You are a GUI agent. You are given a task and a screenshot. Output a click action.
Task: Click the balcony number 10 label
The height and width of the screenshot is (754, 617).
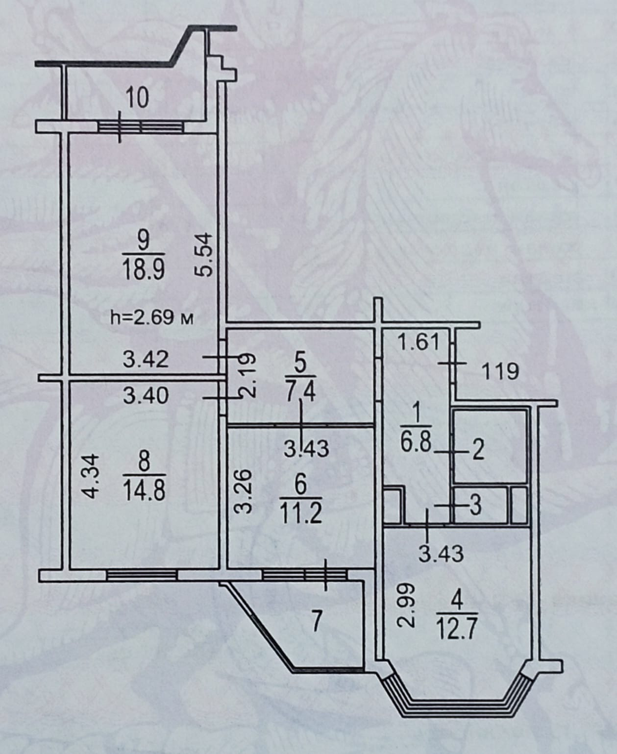pos(137,98)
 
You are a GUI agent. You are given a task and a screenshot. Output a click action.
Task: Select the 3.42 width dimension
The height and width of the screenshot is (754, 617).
pos(146,360)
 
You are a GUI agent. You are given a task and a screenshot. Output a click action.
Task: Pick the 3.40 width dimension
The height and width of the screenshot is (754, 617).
pos(146,395)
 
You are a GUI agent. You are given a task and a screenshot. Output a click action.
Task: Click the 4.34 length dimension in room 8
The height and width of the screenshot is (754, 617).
pos(92,476)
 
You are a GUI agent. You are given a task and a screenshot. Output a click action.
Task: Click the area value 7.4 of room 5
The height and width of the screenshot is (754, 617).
pos(300,392)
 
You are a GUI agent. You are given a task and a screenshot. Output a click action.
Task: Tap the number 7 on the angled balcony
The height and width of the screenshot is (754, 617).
pos(317,623)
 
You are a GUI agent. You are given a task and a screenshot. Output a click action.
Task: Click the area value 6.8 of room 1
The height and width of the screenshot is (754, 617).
pos(415,443)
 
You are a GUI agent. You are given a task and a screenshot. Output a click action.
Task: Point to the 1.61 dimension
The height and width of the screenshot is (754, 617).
pos(418,342)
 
